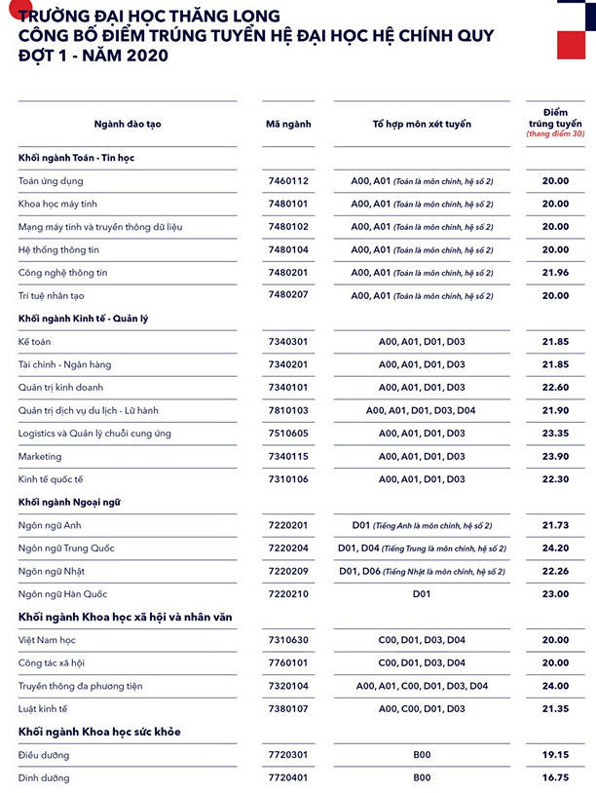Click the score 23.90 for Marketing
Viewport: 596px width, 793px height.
555,456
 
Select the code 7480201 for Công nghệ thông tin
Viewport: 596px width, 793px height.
288,273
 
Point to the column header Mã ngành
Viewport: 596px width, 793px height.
288,125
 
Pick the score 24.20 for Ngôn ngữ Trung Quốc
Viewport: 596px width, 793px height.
555,548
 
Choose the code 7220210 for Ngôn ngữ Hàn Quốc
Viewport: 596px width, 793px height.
288,594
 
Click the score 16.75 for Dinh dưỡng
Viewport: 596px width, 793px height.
555,778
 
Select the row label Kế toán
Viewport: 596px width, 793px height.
35,342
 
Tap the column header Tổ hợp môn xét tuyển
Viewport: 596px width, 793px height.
422,125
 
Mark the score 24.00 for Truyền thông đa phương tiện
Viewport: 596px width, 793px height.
555,686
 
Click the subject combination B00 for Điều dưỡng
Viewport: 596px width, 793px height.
422,755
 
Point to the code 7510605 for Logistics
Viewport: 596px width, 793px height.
288,434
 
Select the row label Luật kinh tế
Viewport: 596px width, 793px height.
46,709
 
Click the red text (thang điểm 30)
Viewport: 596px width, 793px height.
555,133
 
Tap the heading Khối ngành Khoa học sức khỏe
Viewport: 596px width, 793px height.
99,732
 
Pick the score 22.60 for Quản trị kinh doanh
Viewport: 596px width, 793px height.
555,388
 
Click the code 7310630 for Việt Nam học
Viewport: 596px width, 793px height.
288,640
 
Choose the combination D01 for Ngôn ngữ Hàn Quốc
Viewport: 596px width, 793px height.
422,594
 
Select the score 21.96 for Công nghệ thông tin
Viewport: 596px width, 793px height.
555,273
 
